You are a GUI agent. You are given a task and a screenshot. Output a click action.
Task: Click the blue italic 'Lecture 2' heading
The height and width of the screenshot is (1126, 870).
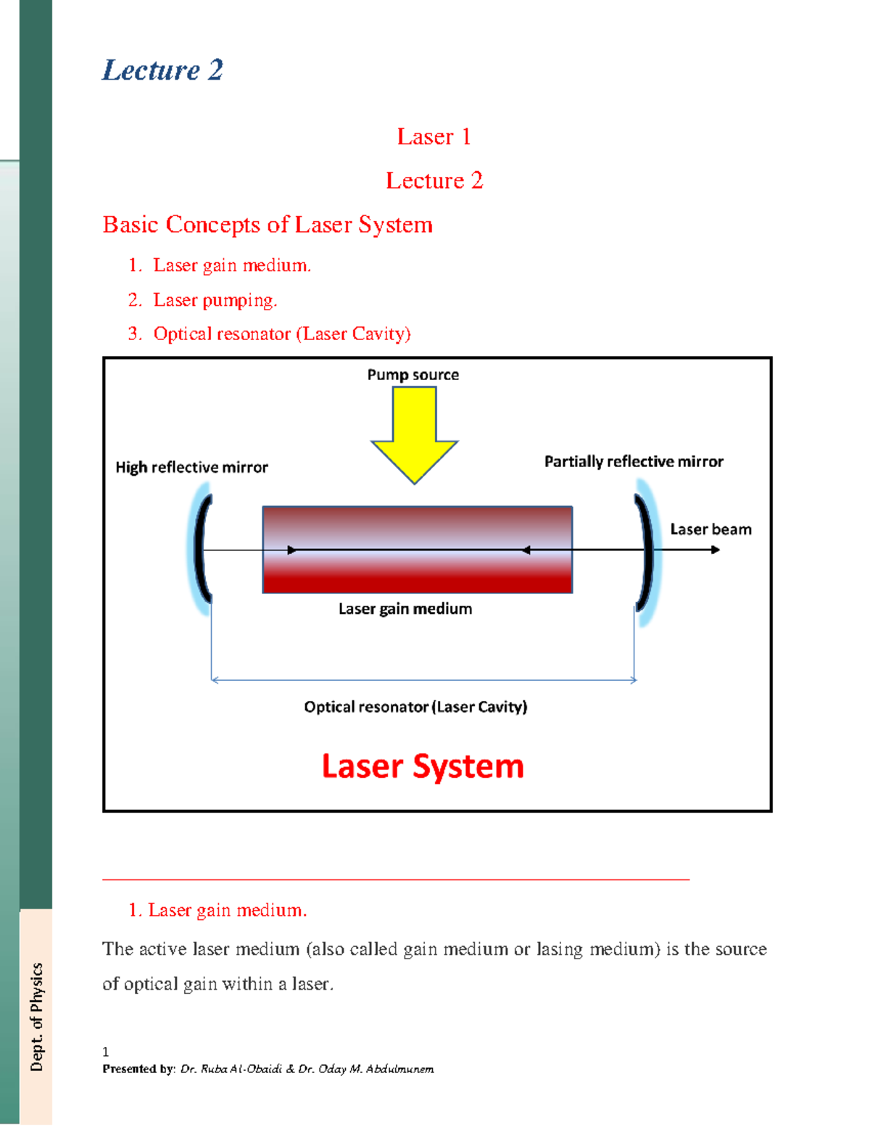[x=162, y=70]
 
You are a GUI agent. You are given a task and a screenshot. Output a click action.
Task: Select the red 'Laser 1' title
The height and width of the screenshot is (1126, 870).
[x=434, y=136]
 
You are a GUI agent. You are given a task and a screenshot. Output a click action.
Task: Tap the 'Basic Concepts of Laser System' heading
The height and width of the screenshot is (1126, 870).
[x=268, y=225]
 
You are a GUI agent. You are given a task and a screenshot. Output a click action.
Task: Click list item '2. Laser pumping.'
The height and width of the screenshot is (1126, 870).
[x=215, y=300]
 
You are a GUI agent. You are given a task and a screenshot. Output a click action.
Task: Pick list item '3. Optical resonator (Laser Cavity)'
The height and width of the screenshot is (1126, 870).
[x=281, y=334]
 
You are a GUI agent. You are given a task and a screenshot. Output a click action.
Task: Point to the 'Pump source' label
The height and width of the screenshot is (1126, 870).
[x=413, y=375]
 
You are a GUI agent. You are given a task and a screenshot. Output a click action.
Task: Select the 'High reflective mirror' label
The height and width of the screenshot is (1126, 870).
[x=191, y=468]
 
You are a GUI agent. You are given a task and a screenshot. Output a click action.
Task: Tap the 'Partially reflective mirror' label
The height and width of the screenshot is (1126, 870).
[x=634, y=462]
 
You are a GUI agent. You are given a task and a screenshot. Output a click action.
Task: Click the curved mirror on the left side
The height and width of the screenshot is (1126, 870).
[x=202, y=549]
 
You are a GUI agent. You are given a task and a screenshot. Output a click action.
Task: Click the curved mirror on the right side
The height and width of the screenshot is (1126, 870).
[x=645, y=551]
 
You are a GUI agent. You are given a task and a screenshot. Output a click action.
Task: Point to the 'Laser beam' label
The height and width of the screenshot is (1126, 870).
[x=710, y=529]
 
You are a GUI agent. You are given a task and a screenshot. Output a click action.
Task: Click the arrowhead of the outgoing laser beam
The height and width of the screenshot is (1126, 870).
[x=715, y=550]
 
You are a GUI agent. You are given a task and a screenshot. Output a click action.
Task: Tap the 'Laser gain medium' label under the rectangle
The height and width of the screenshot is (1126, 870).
[x=405, y=609]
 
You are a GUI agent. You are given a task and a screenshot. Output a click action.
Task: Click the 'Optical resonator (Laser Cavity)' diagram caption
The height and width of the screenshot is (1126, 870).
[x=415, y=707]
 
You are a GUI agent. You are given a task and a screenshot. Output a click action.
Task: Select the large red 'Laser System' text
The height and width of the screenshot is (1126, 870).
[x=423, y=766]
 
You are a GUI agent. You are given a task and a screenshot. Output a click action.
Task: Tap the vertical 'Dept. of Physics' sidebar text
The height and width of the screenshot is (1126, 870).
[x=36, y=1017]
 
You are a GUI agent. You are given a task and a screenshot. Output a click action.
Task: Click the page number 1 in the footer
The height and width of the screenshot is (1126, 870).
[x=106, y=1052]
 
